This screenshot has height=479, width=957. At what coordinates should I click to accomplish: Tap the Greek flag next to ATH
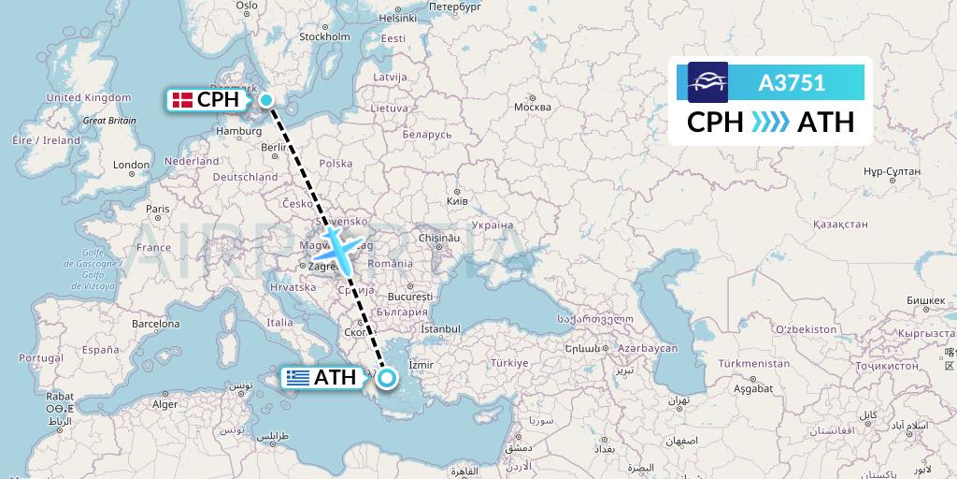(298, 378)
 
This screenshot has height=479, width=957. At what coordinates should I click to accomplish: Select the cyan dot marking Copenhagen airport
(266, 100)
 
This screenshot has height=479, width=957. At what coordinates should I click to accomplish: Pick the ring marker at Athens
(386, 378)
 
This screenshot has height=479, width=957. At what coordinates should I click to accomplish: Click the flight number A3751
(792, 82)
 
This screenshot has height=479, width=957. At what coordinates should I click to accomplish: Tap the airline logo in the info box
(707, 82)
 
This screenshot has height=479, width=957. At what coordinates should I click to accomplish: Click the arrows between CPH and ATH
(770, 122)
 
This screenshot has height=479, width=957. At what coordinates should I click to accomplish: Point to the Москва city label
(533, 107)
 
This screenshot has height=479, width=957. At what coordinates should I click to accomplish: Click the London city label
(131, 165)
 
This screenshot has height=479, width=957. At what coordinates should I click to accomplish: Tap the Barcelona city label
(155, 324)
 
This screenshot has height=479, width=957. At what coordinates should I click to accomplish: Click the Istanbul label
(441, 329)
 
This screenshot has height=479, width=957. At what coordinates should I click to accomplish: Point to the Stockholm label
(324, 37)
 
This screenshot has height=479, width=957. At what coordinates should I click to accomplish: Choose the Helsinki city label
(397, 18)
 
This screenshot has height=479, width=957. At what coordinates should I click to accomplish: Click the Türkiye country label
(511, 362)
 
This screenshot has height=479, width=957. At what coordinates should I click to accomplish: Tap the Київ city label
(458, 201)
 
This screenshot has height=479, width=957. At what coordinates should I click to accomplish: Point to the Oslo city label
(247, 6)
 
